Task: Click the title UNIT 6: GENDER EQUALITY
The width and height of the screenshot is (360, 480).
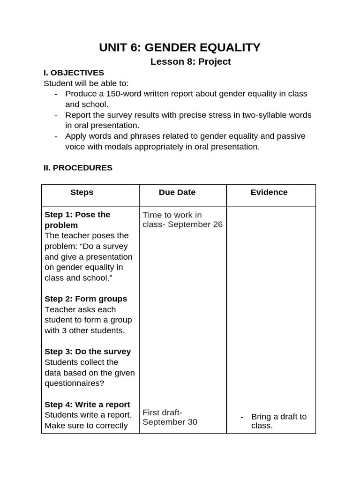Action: [x=180, y=47]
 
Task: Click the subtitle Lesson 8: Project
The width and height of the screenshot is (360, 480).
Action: [x=190, y=62]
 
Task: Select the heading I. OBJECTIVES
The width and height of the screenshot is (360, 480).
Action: [x=74, y=73]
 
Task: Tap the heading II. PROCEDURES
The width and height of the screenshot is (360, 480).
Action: [x=78, y=168]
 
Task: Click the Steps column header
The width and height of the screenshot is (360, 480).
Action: [x=82, y=192]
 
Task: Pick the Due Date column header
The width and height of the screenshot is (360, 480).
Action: [x=177, y=192]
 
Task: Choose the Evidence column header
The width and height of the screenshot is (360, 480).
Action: [x=269, y=192]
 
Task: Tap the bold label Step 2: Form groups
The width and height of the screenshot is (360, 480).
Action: [x=86, y=299]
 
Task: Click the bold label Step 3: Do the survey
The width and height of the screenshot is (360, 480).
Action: [x=88, y=352]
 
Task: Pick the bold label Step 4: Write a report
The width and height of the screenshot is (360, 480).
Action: [x=87, y=405]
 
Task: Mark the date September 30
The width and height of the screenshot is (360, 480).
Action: [x=170, y=422]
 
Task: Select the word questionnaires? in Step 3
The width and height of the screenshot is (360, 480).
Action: [x=74, y=383]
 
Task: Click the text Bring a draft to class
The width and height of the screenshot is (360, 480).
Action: [x=278, y=421]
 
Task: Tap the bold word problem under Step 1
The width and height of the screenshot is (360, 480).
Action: [x=61, y=225]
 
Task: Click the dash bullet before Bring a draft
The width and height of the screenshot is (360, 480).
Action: [x=242, y=417]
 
